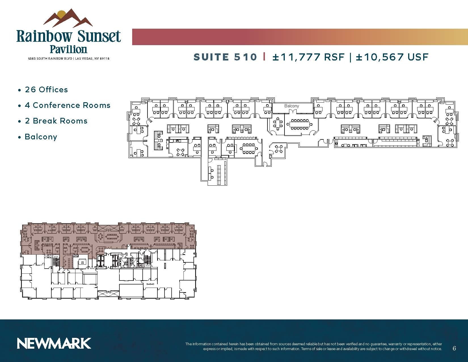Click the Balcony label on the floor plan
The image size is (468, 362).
coord(292,106)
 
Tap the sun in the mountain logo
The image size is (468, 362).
coord(62,14)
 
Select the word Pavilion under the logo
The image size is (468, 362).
coord(68,49)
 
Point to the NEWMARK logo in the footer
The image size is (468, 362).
coord(54,343)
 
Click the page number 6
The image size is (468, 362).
coord(454,348)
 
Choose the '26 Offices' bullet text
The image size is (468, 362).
coord(47,90)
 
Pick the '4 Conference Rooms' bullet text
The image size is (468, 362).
coord(68,105)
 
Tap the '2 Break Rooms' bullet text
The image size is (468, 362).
coord(56,121)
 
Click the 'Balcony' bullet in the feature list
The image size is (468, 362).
coord(41,137)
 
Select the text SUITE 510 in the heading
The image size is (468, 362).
coord(225,57)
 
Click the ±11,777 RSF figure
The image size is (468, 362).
coord(308,57)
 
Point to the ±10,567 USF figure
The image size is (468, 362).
coord(392,57)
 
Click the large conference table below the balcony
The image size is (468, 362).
coord(299,124)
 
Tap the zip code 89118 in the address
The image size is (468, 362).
coord(104,59)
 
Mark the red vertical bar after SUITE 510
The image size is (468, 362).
coord(264,57)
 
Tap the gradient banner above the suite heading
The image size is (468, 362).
coord(300,37)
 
